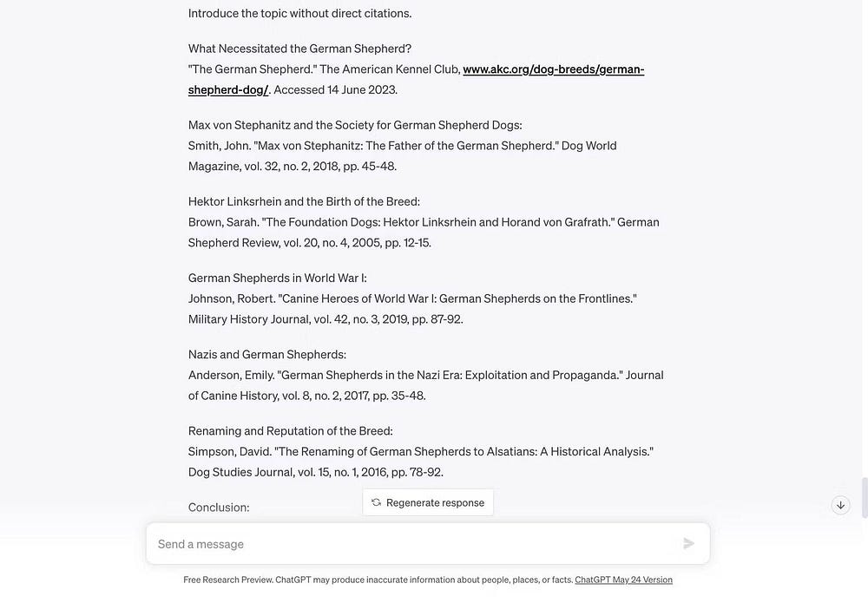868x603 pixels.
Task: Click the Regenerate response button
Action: (x=427, y=502)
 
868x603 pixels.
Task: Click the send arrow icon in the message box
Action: (x=689, y=544)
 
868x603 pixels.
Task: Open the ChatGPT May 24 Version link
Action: (x=623, y=580)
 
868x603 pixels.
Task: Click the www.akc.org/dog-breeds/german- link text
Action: (x=553, y=69)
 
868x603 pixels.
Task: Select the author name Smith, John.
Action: (x=219, y=146)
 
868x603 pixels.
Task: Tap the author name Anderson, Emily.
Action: (x=231, y=375)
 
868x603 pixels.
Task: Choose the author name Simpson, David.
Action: (x=229, y=451)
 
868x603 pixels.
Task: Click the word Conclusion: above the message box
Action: (x=219, y=507)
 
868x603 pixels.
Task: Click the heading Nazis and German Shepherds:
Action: (x=267, y=354)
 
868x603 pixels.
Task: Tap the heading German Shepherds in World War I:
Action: (x=277, y=278)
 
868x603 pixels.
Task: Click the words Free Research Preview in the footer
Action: (x=227, y=580)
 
